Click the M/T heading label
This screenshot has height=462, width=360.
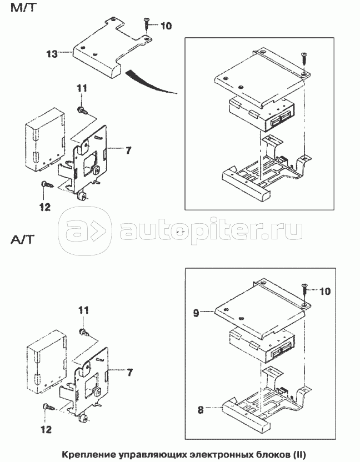click(x=22, y=8)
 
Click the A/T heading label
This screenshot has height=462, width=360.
click(x=23, y=239)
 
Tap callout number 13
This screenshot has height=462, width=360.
click(x=52, y=54)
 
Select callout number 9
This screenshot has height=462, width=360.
click(x=196, y=313)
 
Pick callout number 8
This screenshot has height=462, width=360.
click(x=201, y=410)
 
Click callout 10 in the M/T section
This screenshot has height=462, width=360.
click(x=166, y=26)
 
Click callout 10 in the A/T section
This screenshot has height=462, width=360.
click(x=325, y=292)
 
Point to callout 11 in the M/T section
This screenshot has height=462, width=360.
click(x=82, y=88)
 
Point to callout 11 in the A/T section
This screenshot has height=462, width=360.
click(x=83, y=310)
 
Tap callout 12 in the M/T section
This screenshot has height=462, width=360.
click(x=46, y=207)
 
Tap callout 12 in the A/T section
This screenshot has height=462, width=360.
click(x=46, y=429)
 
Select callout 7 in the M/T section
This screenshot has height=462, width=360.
click(x=128, y=150)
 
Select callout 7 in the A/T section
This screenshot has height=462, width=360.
click(x=130, y=373)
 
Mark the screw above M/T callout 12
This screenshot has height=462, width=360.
click(x=47, y=185)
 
